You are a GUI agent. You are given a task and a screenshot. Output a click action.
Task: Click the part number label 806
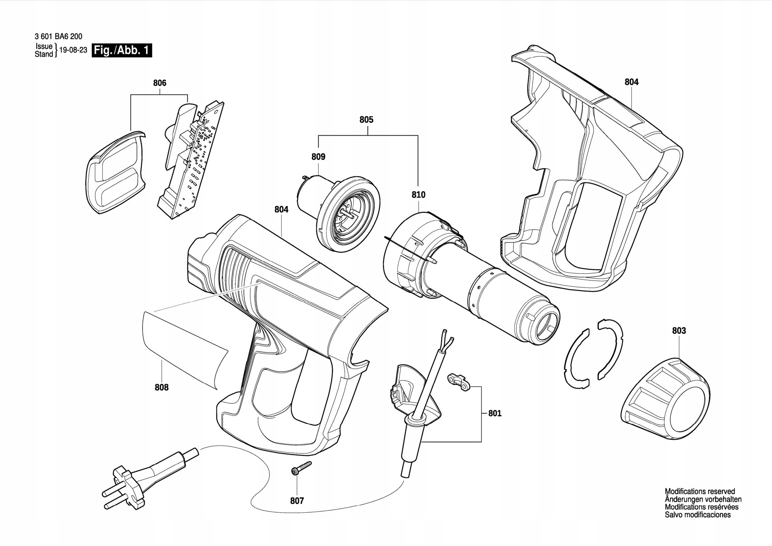(160, 83)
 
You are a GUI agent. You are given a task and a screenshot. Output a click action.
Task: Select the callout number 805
(366, 120)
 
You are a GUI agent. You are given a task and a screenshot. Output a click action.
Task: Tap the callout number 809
(318, 157)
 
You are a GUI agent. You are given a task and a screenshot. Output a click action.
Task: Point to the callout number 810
(418, 195)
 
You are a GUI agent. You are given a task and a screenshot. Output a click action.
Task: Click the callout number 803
(679, 330)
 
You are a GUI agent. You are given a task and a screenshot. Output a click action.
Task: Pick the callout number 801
(495, 413)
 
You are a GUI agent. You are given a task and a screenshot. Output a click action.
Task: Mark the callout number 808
(161, 387)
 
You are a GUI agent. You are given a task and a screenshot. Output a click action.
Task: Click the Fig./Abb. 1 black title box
(122, 51)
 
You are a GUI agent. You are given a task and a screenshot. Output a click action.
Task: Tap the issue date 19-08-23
(73, 50)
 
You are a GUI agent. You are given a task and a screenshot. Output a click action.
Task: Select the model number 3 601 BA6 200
(58, 36)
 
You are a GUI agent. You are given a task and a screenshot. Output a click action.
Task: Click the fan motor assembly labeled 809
(340, 214)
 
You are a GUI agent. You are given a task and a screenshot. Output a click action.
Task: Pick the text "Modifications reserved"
(700, 492)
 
